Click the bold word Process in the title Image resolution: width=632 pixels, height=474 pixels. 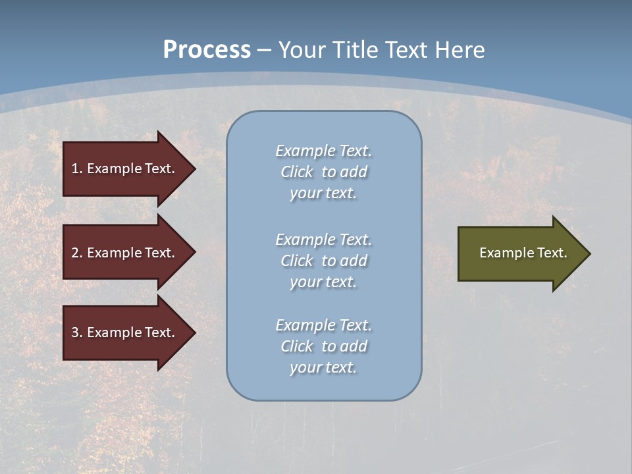207,50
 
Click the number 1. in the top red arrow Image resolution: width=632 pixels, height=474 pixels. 77,169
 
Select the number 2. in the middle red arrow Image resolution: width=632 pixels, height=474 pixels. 77,253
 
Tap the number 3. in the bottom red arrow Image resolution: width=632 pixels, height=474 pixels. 77,332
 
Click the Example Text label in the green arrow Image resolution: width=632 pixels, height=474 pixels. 523,253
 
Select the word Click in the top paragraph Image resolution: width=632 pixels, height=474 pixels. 297,172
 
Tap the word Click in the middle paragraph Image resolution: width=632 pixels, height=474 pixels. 297,261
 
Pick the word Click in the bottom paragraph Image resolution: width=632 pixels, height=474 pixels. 297,346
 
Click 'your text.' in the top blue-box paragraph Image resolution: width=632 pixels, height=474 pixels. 323,194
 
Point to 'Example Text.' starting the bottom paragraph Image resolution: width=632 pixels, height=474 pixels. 323,325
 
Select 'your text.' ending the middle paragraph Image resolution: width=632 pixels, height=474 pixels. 323,282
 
